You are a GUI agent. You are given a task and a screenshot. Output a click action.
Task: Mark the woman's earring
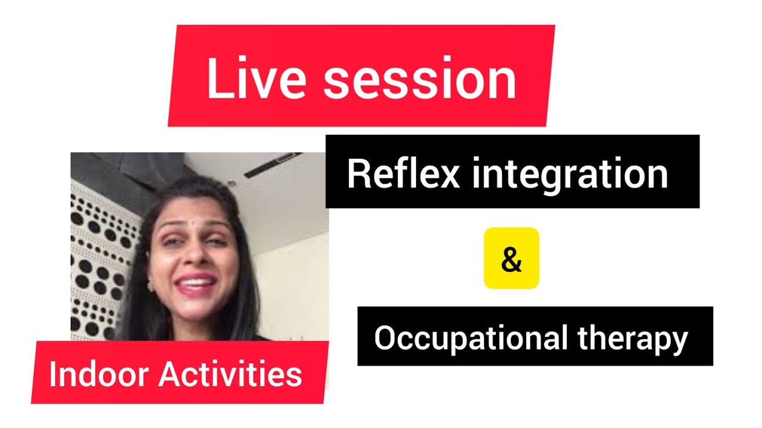tap(151, 285)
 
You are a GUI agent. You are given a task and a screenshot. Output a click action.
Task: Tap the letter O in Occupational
tap(384, 339)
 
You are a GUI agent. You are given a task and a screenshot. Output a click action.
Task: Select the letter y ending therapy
tap(680, 342)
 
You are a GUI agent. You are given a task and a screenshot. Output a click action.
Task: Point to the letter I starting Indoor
tap(52, 374)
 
